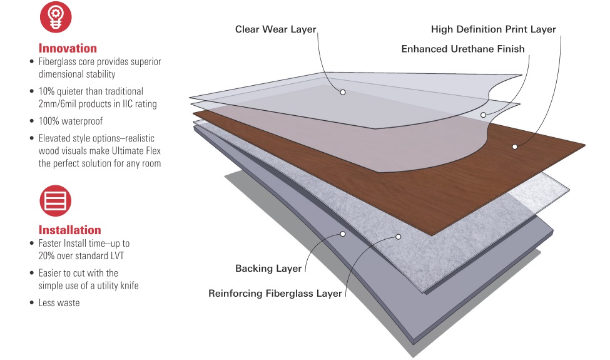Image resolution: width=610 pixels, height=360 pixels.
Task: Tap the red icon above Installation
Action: point(56,200)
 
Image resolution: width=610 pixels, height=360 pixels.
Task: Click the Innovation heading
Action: point(68,48)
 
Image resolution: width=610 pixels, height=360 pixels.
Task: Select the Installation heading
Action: point(69,230)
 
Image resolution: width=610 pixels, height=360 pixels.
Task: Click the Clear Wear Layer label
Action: point(276,29)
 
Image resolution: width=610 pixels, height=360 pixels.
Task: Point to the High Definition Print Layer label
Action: point(493,29)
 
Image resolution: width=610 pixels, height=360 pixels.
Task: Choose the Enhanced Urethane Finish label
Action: point(463,49)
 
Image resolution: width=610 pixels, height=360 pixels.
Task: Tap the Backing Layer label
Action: point(268,269)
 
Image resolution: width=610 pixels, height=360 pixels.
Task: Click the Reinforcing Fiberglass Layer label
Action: point(275,293)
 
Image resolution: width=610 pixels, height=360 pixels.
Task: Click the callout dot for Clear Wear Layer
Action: point(343,92)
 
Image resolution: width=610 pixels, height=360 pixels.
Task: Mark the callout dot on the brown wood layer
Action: point(514,147)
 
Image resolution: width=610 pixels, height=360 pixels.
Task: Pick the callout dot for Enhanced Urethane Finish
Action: point(484,115)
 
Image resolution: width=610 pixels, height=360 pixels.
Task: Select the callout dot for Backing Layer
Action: point(343,234)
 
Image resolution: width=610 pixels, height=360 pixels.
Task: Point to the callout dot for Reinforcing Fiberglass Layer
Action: point(397,237)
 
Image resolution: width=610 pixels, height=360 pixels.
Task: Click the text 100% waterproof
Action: point(71,121)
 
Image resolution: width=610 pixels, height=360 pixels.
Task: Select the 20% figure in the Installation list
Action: point(40,255)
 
